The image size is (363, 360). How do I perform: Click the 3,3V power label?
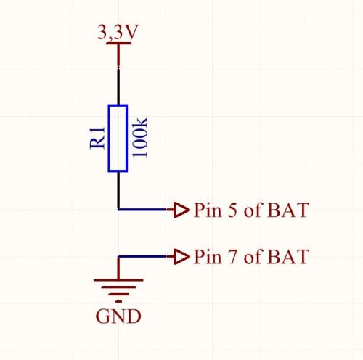[x=118, y=32]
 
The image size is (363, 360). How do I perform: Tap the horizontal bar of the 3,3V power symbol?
[x=118, y=43]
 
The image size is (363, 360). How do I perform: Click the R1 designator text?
[x=97, y=138]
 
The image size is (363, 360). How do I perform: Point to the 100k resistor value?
[x=139, y=137]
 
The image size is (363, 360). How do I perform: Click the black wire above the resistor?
[x=118, y=86]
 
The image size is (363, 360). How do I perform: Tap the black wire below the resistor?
[x=118, y=190]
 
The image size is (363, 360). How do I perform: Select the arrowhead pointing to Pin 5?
[x=181, y=210]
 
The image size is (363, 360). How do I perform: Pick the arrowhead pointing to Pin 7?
[x=181, y=256]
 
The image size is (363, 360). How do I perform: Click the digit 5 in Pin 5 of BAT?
[x=232, y=210]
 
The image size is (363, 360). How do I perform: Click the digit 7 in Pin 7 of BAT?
[x=232, y=257]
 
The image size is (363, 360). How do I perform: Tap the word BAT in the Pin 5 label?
[x=288, y=210]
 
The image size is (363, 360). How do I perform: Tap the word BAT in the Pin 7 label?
[x=288, y=257]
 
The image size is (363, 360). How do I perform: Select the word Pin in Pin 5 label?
[x=208, y=210]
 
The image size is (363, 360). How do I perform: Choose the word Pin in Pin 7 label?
[x=208, y=256]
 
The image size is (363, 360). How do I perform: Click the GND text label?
[x=118, y=316]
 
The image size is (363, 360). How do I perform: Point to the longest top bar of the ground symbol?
[x=118, y=280]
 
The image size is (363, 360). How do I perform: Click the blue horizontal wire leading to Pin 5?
[x=146, y=210]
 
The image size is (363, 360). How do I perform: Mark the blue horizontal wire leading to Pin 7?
[x=146, y=256]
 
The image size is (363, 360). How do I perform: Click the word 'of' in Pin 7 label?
[x=253, y=256]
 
